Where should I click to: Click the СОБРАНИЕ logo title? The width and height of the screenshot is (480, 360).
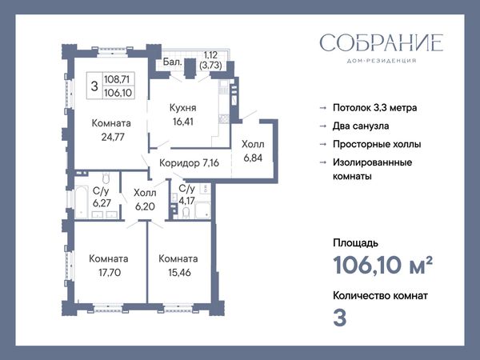[x=382, y=42]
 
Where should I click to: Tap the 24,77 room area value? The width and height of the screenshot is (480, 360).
[x=113, y=137]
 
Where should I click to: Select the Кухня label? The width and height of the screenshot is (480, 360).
[x=182, y=108]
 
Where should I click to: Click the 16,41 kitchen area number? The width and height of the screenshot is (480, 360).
[x=182, y=122]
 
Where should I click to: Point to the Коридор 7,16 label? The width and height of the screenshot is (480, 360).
[x=189, y=163]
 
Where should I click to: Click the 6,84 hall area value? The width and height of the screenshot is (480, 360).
[x=253, y=158]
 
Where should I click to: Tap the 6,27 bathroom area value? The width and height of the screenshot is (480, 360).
[x=102, y=202]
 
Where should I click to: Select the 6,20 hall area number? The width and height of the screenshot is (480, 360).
[x=145, y=206]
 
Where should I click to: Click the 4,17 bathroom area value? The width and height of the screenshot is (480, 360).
[x=186, y=201]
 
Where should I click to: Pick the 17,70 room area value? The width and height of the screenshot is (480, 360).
[x=110, y=272]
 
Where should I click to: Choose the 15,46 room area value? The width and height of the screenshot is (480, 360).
[x=179, y=272]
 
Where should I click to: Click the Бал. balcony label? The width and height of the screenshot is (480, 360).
[x=172, y=62]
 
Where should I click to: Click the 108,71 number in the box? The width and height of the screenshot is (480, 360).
[x=117, y=79]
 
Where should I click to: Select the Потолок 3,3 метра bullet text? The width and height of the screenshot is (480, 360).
[x=375, y=108]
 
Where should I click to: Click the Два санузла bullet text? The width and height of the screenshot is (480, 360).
[x=361, y=126]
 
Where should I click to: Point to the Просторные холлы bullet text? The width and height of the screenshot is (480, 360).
[x=377, y=144]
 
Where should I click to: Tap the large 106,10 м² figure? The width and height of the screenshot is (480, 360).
[x=382, y=265]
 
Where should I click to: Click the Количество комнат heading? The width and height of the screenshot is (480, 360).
[x=380, y=296]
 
